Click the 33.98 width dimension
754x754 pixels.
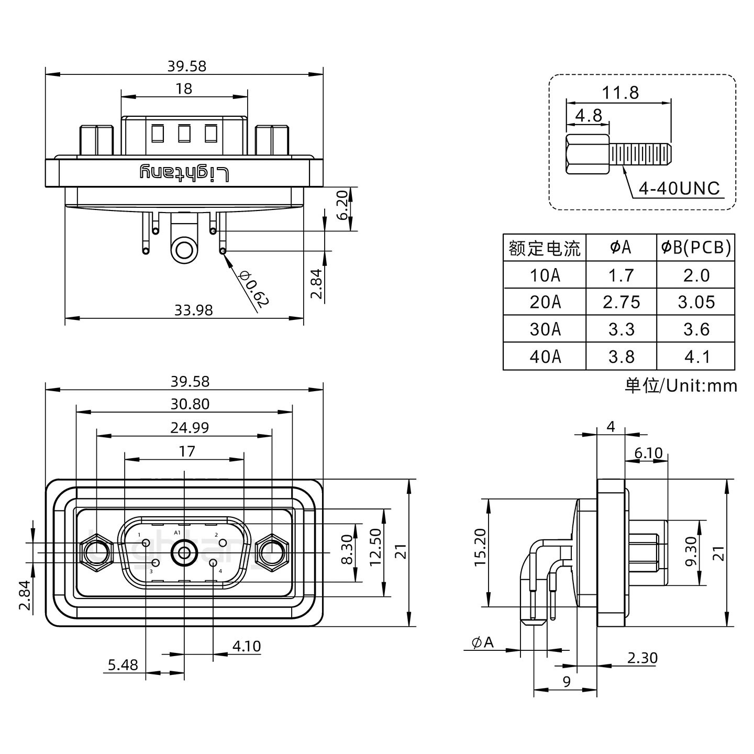193,311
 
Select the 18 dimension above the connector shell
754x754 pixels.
184,88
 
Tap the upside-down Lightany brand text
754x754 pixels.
184,172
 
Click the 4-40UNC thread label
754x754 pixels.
680,188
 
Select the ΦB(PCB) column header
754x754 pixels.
696,247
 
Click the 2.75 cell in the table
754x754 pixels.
621,302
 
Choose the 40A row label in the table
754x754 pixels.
545,357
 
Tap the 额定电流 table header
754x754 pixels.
545,248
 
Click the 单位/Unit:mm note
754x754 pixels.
680,386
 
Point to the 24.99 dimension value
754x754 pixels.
190,428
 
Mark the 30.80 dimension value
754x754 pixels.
190,404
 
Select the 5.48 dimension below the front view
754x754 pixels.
123,664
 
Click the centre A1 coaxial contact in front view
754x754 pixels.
184,552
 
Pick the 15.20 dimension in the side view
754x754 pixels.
480,547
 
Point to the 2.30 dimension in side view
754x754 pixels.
641,658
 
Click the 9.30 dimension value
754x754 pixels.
691,551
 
